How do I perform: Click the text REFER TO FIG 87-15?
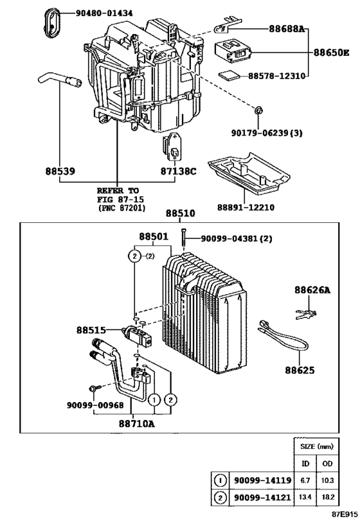pyautogui.click(x=118, y=195)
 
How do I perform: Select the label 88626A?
pyautogui.click(x=312, y=290)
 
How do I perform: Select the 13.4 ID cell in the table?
pyautogui.click(x=307, y=498)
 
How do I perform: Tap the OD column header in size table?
pyautogui.click(x=328, y=463)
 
